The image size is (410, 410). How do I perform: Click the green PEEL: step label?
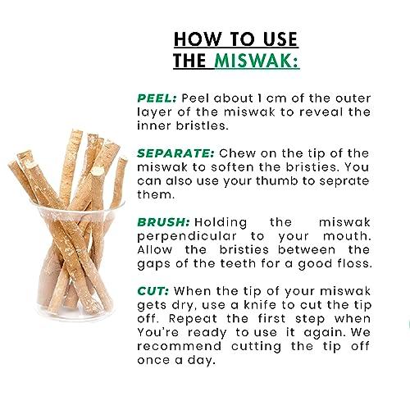point(157,98)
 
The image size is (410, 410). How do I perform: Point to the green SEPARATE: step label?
point(175,153)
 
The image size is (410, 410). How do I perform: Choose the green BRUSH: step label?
point(163,222)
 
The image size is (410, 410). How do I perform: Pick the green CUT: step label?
point(153,291)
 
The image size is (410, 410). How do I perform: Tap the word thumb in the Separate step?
point(277,181)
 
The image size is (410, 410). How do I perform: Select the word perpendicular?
point(187,237)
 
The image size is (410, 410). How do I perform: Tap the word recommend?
point(180,346)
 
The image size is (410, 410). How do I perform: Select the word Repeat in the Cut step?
point(194,319)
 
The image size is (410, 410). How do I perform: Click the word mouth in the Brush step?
point(347,236)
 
